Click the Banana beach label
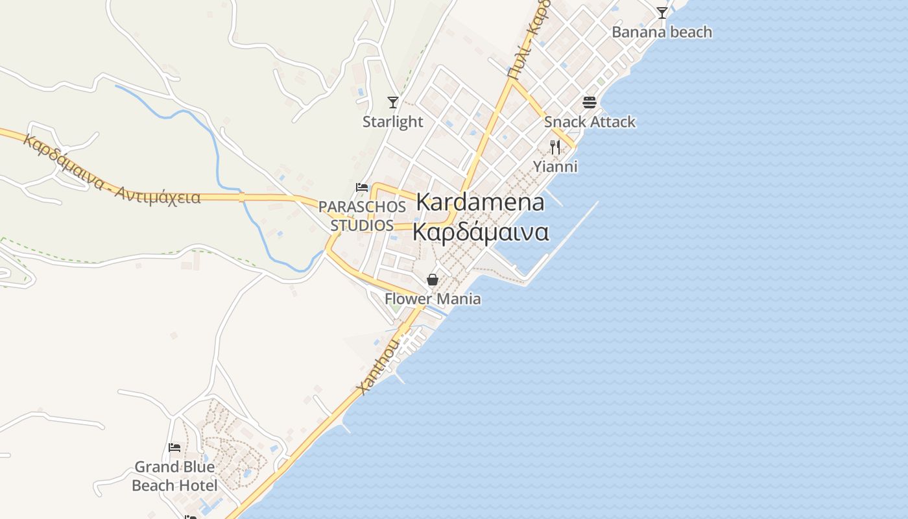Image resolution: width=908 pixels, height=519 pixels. coord(662,32)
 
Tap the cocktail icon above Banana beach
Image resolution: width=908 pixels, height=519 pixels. coord(662,12)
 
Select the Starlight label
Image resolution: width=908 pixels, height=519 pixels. coord(392,121)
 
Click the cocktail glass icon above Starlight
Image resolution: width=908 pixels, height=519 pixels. coord(392,102)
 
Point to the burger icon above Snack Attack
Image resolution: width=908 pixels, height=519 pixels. coord(590,102)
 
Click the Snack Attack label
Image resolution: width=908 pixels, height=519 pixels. coord(590,121)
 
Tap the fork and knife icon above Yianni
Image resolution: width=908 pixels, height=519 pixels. coord(555,147)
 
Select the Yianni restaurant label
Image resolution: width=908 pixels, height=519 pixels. coord(555,167)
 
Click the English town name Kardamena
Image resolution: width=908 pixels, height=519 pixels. coord(480,202)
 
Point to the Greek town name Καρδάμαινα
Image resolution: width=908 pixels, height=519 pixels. coord(481,232)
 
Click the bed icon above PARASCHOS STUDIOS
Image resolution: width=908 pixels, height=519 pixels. coord(362,187)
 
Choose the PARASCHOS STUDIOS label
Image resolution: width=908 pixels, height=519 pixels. coord(362,216)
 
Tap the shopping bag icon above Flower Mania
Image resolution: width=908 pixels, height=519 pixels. coord(433,280)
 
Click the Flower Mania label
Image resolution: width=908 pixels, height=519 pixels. coord(433,299)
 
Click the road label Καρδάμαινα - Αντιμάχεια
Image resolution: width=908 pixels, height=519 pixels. coord(112,170)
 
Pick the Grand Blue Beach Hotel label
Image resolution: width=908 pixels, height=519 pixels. coord(174,476)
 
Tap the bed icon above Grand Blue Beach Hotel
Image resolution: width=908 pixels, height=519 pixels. coord(174,447)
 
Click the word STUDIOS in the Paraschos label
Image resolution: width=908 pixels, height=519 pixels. coord(362,225)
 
